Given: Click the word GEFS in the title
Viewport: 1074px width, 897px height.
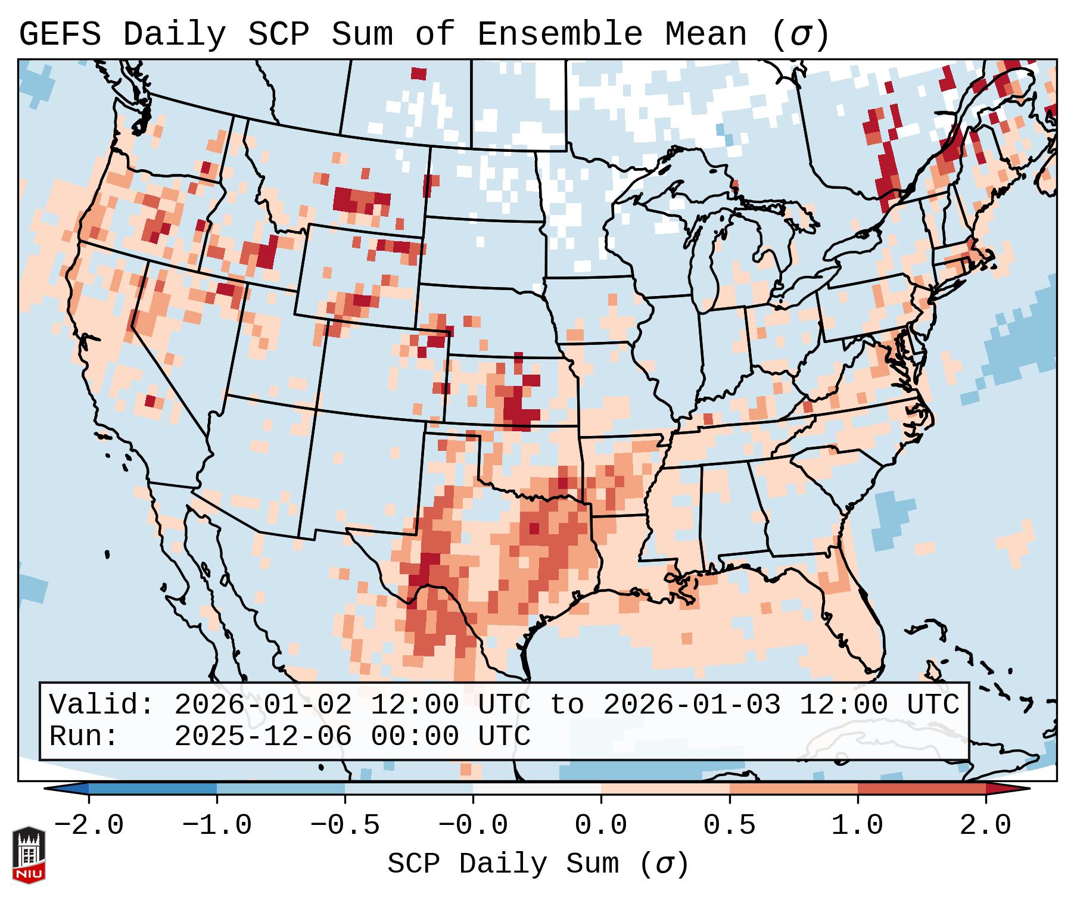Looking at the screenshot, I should pos(60,35).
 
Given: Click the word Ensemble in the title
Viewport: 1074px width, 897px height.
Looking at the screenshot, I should pos(560,35).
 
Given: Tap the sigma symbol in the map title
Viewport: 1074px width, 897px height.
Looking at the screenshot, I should pos(800,35).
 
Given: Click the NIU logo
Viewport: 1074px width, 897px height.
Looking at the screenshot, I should pos(29,855).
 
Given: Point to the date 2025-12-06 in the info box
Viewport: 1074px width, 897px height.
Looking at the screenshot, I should pos(263,736).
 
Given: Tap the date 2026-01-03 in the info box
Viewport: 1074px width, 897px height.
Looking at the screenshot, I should pos(692,705).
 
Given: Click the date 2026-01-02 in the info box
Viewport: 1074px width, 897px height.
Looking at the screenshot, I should pos(263,705).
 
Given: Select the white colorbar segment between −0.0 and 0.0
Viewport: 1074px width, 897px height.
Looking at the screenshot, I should pos(537,789).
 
